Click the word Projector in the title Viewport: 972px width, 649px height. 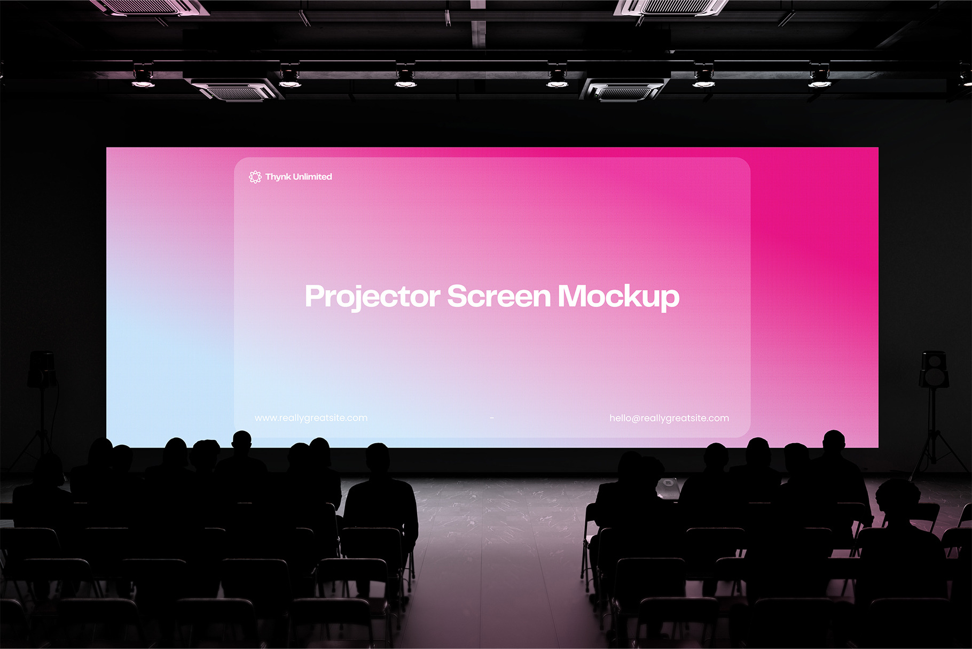373,297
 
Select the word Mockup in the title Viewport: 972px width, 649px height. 618,297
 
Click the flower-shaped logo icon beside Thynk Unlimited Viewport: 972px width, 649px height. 255,177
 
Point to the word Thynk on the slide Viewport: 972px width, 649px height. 278,177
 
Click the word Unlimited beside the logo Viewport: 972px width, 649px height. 313,176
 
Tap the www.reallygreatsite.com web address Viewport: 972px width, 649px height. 311,418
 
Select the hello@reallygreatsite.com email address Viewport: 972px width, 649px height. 669,418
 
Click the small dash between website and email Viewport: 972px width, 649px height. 491,418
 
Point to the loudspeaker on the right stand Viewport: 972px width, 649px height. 934,369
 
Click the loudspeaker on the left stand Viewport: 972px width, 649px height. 42,369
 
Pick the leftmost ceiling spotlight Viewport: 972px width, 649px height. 143,78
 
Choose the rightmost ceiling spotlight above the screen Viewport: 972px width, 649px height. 819,78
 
